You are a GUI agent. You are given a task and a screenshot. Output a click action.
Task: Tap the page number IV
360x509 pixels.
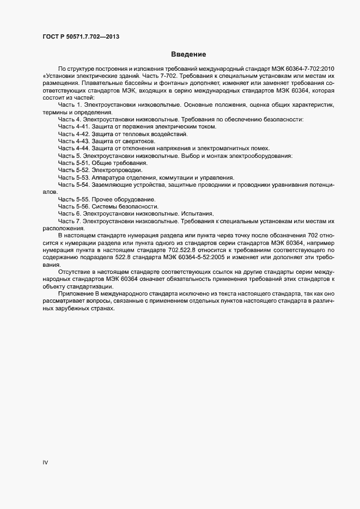(x=45, y=462)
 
